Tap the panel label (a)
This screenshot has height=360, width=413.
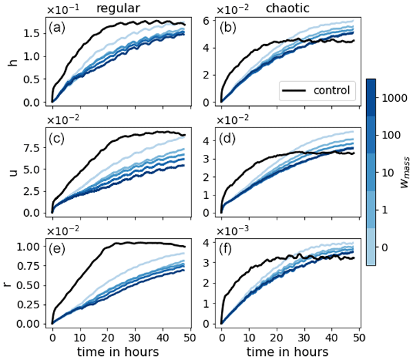click(60, 28)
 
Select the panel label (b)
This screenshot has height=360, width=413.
click(229, 28)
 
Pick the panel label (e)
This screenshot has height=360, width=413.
click(60, 247)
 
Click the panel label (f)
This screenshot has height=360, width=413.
click(229, 247)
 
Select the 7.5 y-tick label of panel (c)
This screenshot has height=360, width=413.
click(30, 147)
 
